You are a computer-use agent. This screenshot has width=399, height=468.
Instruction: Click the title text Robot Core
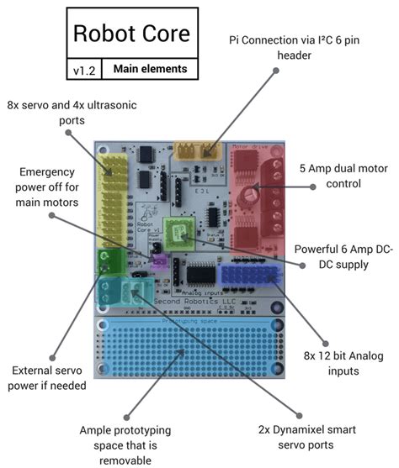tap(130, 34)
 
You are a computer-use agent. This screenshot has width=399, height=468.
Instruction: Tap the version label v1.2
tap(83, 70)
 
